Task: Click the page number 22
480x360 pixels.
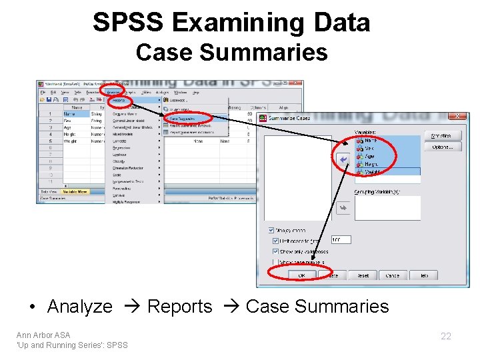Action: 446,336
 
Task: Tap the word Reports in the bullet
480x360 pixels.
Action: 179,307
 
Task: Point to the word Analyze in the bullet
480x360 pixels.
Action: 80,307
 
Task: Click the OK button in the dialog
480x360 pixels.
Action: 301,275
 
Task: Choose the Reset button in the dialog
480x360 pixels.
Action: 363,275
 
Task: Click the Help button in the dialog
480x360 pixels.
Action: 423,275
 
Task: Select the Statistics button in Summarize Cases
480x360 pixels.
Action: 442,135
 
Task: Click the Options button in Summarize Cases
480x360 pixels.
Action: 442,147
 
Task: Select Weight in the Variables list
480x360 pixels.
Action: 371,172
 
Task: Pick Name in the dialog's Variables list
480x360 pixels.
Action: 370,140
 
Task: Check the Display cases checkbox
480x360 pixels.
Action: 270,229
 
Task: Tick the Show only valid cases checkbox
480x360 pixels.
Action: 275,251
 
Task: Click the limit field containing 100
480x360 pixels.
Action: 340,239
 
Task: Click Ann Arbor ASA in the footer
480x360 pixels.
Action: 43,335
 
